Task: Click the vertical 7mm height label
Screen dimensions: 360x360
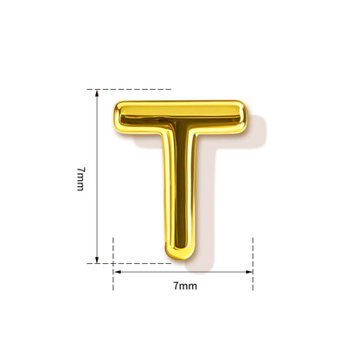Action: coord(80,179)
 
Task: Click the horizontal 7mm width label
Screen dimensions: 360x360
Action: coord(185,286)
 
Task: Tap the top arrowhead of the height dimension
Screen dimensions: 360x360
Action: coord(97,93)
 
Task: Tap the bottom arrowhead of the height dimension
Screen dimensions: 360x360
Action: coord(97,260)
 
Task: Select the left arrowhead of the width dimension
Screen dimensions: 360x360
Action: coord(117,272)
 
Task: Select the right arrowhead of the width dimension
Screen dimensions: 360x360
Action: coord(249,272)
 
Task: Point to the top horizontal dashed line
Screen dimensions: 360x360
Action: coord(129,89)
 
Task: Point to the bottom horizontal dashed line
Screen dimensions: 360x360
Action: coord(129,263)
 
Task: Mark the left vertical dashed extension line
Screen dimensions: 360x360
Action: coord(113,264)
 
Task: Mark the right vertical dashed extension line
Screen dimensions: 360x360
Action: coord(253,264)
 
